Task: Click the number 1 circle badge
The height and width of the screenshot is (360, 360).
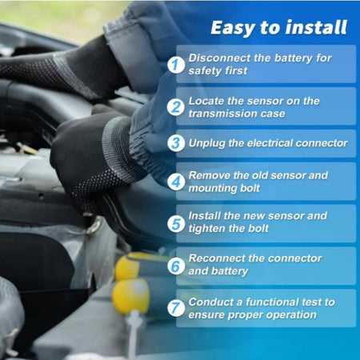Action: pos(176,65)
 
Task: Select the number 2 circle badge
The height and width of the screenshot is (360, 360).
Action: pos(176,107)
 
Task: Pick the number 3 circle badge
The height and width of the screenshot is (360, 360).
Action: pos(176,143)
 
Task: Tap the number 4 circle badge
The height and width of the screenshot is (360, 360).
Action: pos(176,182)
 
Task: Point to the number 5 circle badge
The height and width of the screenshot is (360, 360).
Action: pos(176,224)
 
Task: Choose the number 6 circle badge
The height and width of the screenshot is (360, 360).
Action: pos(176,266)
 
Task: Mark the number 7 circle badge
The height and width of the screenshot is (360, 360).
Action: pos(176,308)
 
